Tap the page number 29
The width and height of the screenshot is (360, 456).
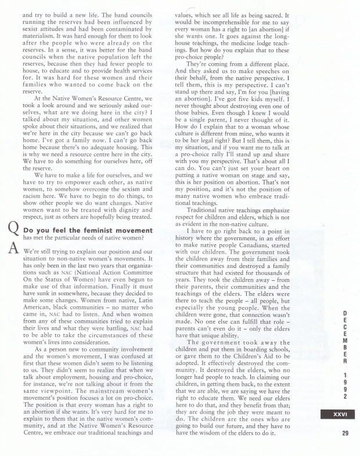coord(337,432)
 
